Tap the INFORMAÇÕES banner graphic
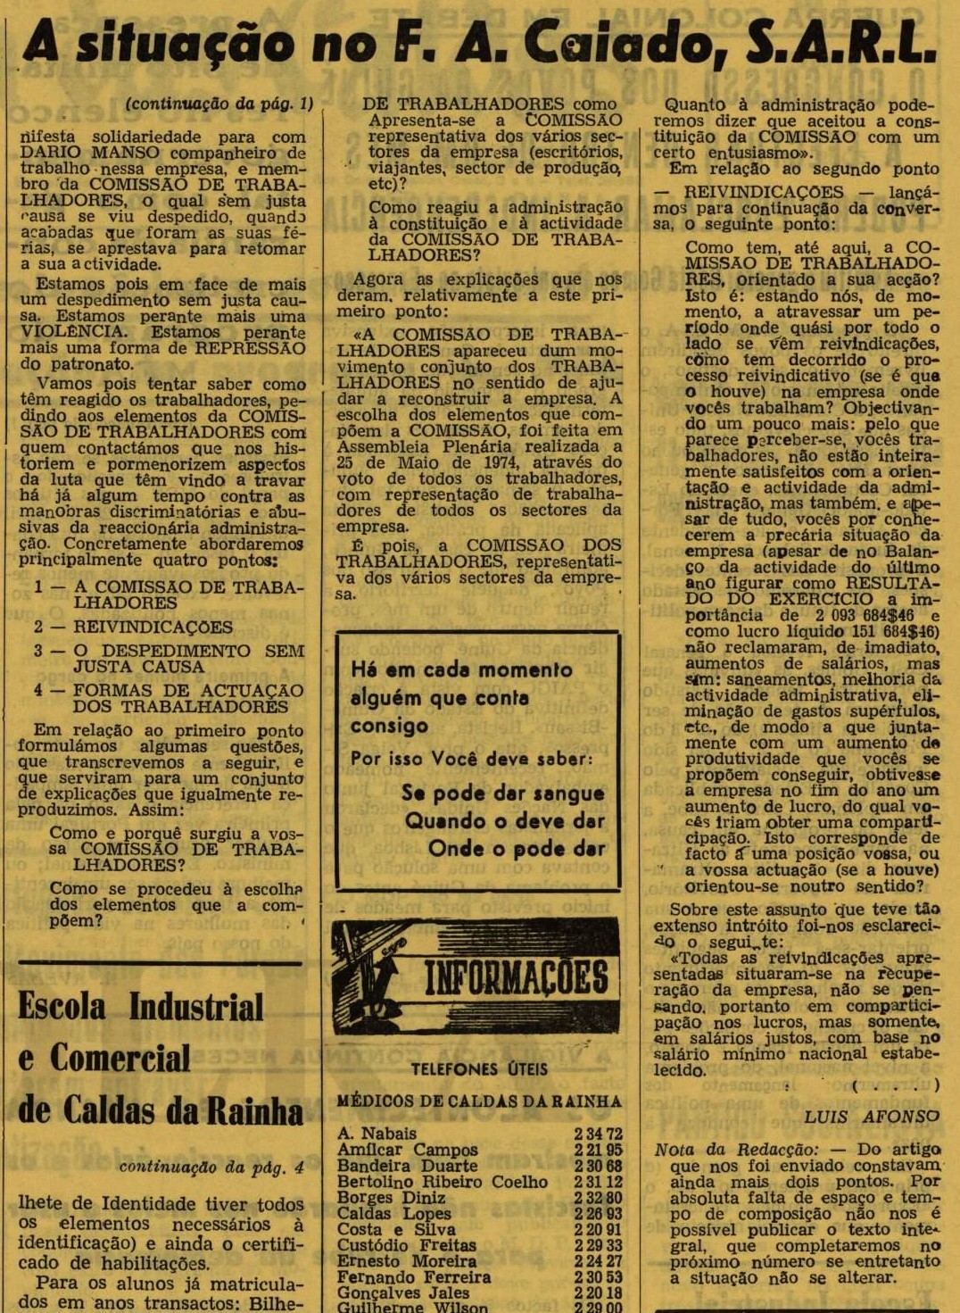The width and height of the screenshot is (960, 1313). point(476,976)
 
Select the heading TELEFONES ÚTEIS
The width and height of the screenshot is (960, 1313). point(479,1068)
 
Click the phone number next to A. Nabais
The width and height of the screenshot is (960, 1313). point(598,1134)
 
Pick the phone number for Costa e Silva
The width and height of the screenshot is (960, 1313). point(598,1229)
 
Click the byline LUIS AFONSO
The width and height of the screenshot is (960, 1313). point(872,1117)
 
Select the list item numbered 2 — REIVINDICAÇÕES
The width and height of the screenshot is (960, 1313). point(134,627)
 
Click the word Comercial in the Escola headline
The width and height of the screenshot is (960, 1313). point(120,1059)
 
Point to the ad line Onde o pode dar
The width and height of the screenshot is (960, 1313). point(516,849)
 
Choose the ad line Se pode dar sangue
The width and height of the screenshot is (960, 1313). point(502,793)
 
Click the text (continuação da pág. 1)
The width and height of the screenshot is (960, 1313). point(219,104)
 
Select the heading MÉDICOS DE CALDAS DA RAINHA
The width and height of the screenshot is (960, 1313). point(479,1101)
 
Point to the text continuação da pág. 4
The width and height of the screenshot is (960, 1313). point(211,1168)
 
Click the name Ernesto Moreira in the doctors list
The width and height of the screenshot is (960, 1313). point(406,1261)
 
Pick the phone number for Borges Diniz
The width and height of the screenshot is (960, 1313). point(598,1197)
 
